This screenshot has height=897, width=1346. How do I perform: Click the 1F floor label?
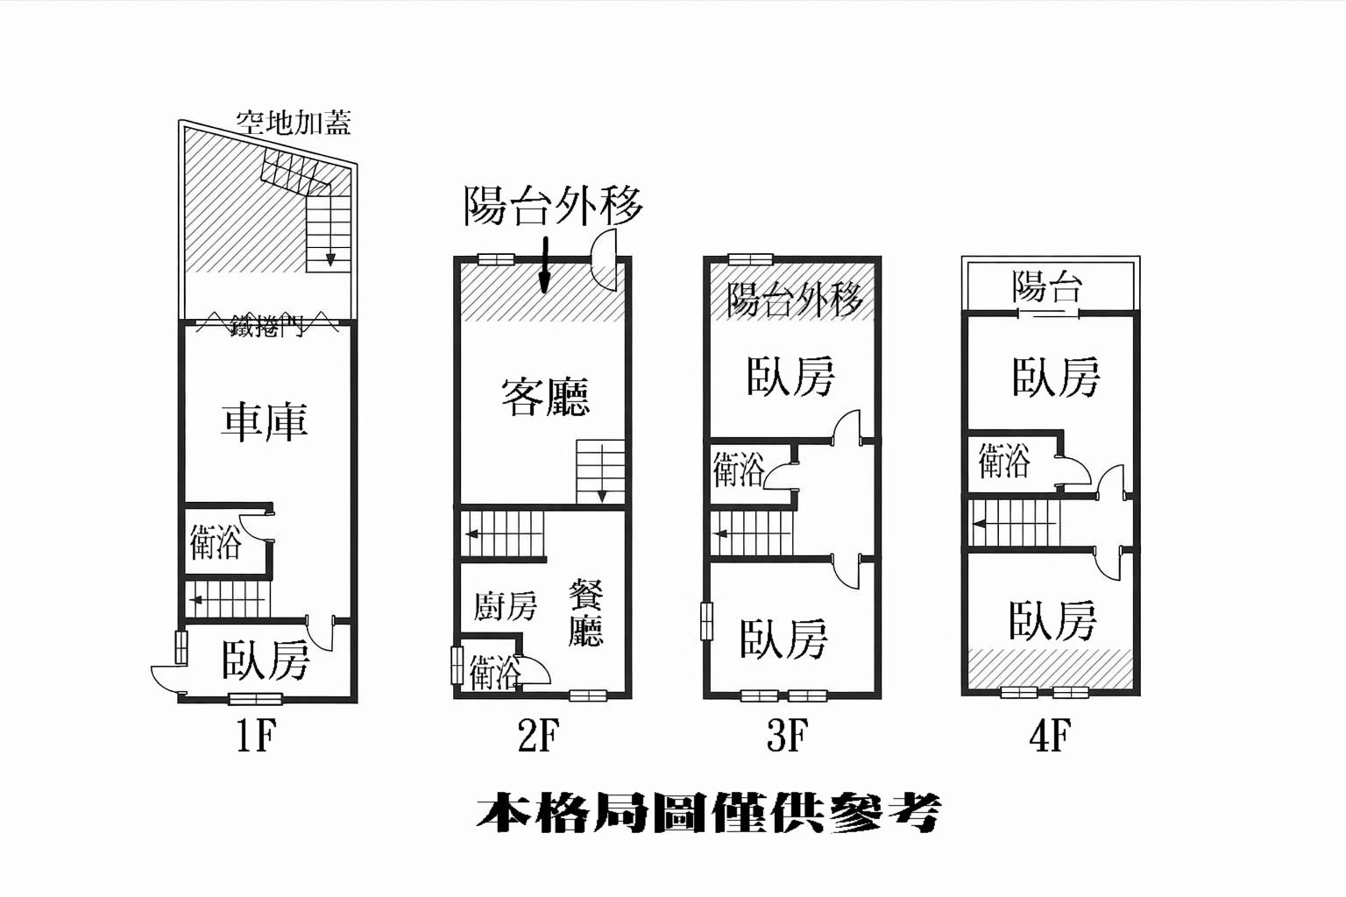click(255, 736)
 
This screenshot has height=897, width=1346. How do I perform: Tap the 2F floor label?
click(537, 736)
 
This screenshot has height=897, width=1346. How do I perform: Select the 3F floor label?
click(786, 736)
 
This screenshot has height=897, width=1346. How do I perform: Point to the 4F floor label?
click(1050, 736)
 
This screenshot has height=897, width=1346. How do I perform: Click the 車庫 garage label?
click(264, 421)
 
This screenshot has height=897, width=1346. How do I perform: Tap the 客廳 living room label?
click(545, 397)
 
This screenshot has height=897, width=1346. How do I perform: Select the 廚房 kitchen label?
click(505, 605)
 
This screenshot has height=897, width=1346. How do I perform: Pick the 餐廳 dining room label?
click(585, 612)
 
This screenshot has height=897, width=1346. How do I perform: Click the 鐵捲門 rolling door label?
click(266, 327)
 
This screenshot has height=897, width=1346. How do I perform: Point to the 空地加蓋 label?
click(293, 123)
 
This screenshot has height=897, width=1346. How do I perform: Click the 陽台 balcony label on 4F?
click(1047, 286)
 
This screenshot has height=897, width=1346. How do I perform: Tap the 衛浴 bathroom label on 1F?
click(216, 543)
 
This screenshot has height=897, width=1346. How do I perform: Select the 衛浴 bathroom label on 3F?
click(739, 470)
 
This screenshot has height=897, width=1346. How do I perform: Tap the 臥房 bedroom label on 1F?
click(266, 660)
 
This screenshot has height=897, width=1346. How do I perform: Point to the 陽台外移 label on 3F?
click(795, 300)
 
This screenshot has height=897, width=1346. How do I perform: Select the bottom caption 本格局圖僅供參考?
click(709, 813)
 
